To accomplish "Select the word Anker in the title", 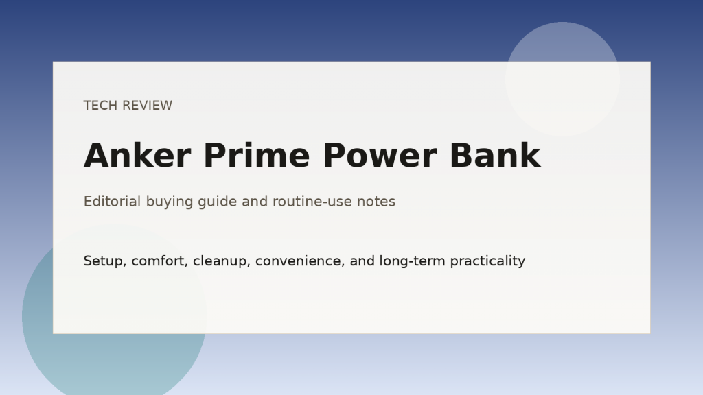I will [x=137, y=156].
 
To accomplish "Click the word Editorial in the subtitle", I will [x=112, y=202].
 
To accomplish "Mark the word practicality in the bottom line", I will [x=487, y=261].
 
